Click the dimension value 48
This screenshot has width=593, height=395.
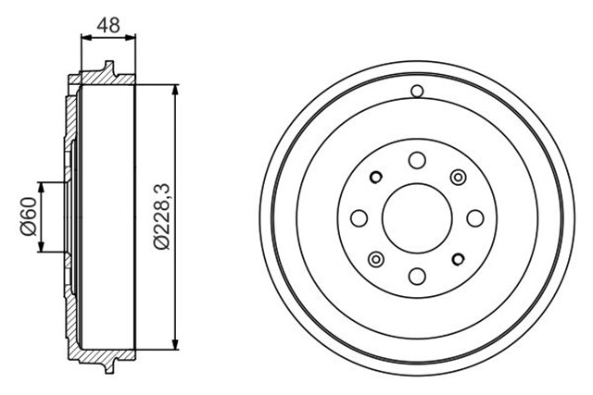(109, 25)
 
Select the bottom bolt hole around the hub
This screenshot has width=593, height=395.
(416, 275)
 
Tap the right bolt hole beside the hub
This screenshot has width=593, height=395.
(473, 217)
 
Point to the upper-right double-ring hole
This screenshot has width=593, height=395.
(457, 177)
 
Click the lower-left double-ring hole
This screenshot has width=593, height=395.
(375, 258)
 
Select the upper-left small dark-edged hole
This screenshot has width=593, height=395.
(375, 177)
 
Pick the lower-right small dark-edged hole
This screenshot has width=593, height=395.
(457, 258)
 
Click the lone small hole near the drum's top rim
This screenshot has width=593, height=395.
(416, 91)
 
